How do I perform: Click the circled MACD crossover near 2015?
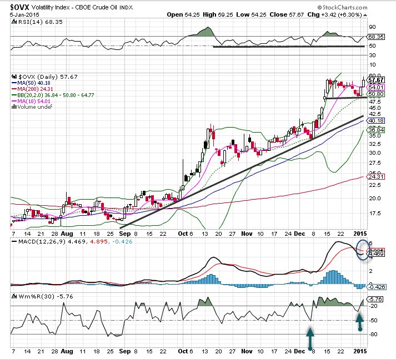(x=362, y=251)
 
